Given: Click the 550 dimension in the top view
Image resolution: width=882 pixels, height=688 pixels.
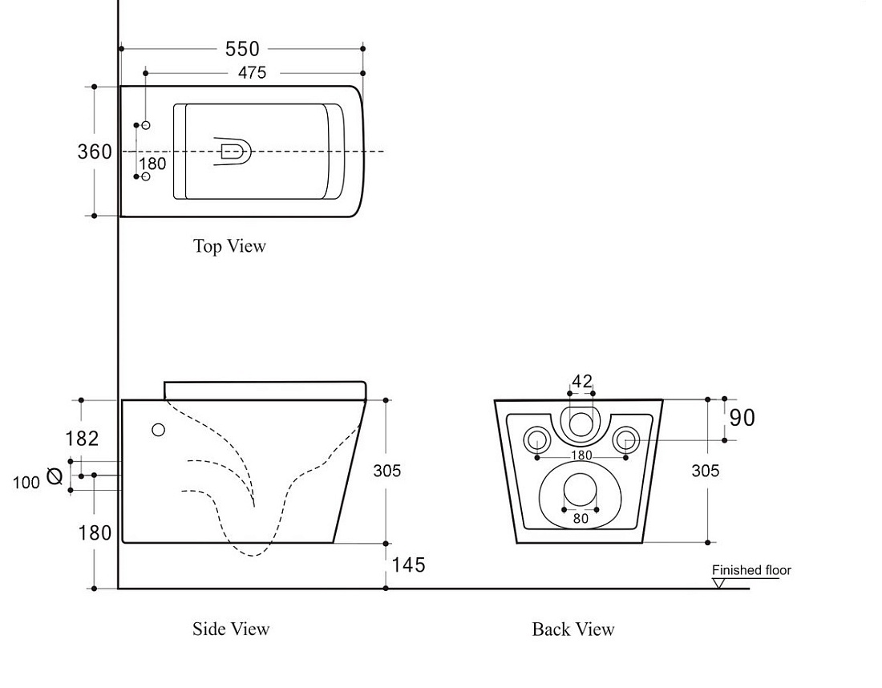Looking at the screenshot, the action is coord(242,49).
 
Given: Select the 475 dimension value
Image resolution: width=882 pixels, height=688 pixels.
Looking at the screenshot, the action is coord(252,73).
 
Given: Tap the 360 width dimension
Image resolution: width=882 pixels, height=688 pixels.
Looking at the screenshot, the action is coord(95,152).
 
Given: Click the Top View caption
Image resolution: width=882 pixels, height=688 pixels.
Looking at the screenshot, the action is coord(229,246).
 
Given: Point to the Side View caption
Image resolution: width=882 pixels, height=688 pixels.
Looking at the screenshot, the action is coord(231,629).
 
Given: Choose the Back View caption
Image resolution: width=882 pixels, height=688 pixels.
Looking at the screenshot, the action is coord(573,629).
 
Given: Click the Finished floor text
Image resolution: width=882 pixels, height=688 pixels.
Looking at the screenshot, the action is coord(751,570).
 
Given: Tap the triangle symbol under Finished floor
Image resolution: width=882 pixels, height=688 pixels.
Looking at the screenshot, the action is coord(718,584).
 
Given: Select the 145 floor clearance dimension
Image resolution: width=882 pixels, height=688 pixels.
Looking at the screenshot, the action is coord(408,565).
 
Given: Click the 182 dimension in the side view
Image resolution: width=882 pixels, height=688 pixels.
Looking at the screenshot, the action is coord(82,439).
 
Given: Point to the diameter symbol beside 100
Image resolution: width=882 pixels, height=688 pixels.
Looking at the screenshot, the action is coord(55,476).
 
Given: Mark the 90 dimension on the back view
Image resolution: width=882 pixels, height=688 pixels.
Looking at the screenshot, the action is coord(742,418).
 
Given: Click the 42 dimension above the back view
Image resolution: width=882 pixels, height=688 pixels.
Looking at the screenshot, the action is coord(581,382).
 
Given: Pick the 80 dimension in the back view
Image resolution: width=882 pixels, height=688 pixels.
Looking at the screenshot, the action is coord(581,518).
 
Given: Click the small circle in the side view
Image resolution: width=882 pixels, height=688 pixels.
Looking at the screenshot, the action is coord(159,430).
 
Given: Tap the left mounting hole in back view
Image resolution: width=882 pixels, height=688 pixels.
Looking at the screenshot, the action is coord(537,439).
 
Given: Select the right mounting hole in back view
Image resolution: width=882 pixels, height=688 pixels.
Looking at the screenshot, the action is coord(625,439).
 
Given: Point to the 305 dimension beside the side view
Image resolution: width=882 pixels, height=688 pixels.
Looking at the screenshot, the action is coord(387,470).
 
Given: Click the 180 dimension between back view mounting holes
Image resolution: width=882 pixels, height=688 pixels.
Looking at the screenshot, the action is coord(581,455).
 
